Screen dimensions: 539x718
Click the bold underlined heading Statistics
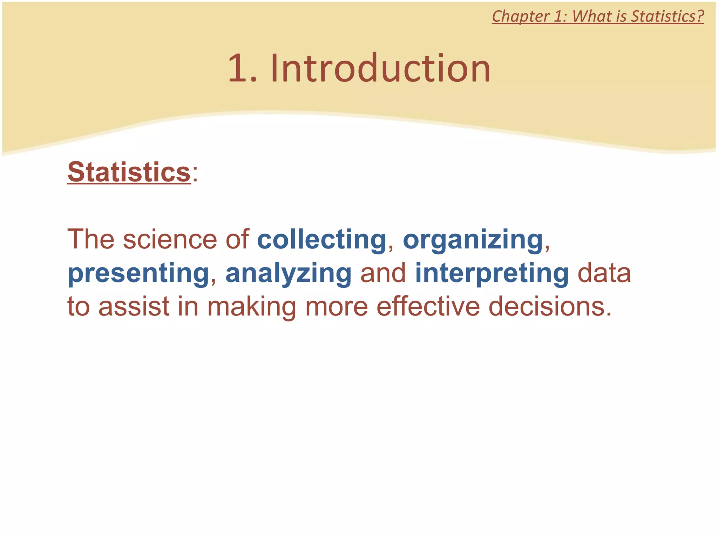pyautogui.click(x=129, y=172)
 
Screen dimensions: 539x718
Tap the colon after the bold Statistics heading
pyautogui.click(x=195, y=174)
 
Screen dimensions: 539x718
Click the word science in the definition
pyautogui.click(x=170, y=239)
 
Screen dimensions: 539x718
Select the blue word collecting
pyautogui.click(x=321, y=239)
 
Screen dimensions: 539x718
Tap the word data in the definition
pyautogui.click(x=604, y=273)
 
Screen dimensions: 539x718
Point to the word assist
pyautogui.click(x=134, y=306)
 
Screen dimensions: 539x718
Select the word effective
pyautogui.click(x=428, y=306)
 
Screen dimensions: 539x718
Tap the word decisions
pyautogui.click(x=550, y=306)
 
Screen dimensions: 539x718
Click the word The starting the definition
pyautogui.click(x=91, y=239)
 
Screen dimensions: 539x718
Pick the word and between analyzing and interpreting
pyautogui.click(x=383, y=273)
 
